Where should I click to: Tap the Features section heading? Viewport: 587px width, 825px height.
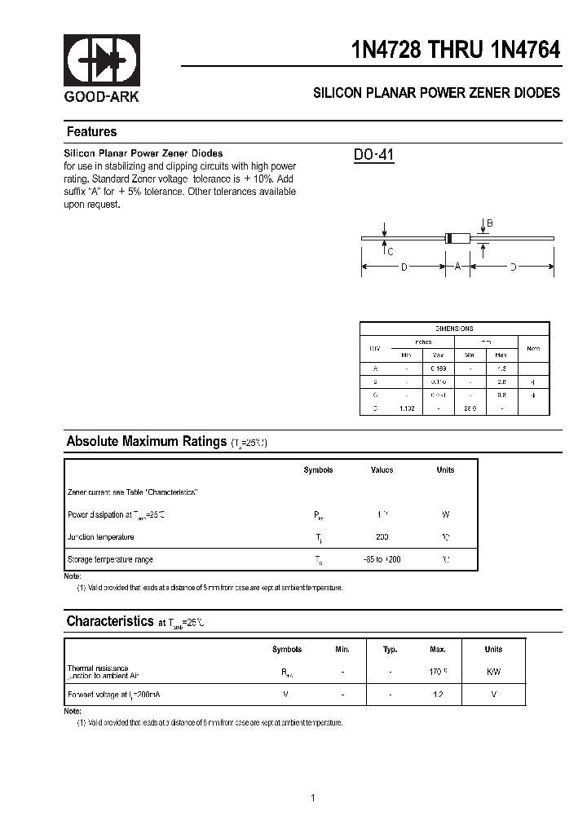coord(91,132)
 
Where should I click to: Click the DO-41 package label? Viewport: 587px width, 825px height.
coord(374,155)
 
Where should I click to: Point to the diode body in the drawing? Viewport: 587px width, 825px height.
coord(458,238)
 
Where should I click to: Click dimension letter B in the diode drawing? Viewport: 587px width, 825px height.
coord(490,223)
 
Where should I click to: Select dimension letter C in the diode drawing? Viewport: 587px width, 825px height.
coord(390,251)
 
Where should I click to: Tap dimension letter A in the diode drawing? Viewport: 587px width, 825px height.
coord(457,267)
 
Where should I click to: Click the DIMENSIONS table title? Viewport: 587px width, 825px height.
coord(454,329)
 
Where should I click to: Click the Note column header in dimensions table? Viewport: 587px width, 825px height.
coord(533,348)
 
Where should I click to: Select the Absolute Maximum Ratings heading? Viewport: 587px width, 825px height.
coord(146,442)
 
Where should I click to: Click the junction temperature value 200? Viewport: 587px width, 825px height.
coord(382,537)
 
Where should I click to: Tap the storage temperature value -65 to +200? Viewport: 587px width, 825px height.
coord(382,559)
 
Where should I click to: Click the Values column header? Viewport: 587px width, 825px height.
coord(382,470)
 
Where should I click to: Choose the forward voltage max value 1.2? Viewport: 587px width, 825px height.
coord(438,694)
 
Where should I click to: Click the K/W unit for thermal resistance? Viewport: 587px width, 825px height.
coord(493,672)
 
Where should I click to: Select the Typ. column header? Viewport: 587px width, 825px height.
coord(391,650)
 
